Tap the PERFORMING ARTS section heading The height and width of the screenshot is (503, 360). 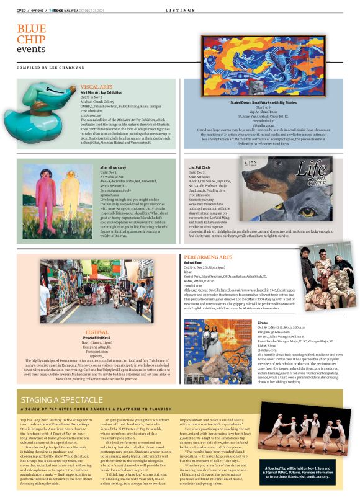[x=208, y=256]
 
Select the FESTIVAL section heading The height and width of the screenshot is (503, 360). [x=96, y=332]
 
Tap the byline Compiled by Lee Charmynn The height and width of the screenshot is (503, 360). [x=51, y=66]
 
